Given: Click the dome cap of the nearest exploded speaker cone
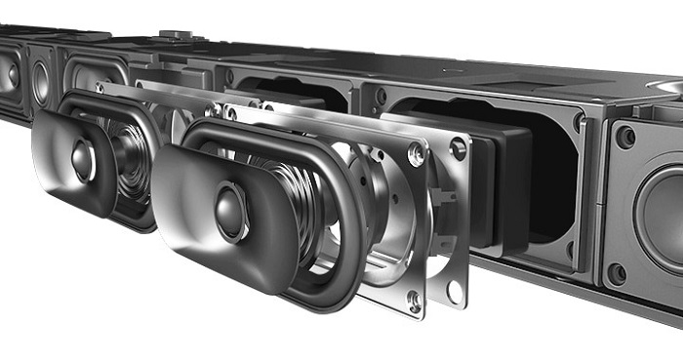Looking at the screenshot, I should (x=230, y=211).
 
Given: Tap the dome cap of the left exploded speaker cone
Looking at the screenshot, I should (x=82, y=160).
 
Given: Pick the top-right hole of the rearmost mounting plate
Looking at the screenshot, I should (x=458, y=147).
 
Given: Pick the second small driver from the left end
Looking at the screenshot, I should (x=41, y=83).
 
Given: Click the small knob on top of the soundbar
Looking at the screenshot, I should (x=176, y=35).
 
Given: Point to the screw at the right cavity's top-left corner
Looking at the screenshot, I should (x=381, y=97).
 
